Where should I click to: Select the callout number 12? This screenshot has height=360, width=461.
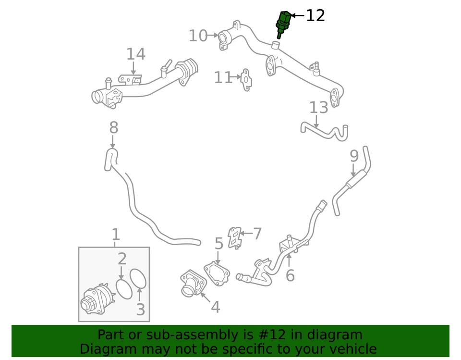click(x=315, y=16)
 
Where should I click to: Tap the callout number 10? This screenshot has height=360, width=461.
click(x=198, y=36)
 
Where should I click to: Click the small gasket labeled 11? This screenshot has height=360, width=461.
click(x=246, y=79)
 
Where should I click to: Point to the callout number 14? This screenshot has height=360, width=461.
click(x=135, y=54)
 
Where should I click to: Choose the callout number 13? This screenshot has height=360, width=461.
click(x=318, y=108)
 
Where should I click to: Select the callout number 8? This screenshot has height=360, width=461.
click(x=113, y=128)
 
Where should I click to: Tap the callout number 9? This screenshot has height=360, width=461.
click(x=354, y=156)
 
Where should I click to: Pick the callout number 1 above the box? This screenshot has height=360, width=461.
click(x=115, y=235)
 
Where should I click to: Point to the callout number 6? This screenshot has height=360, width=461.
click(x=290, y=275)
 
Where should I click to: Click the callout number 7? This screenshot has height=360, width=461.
click(x=257, y=234)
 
